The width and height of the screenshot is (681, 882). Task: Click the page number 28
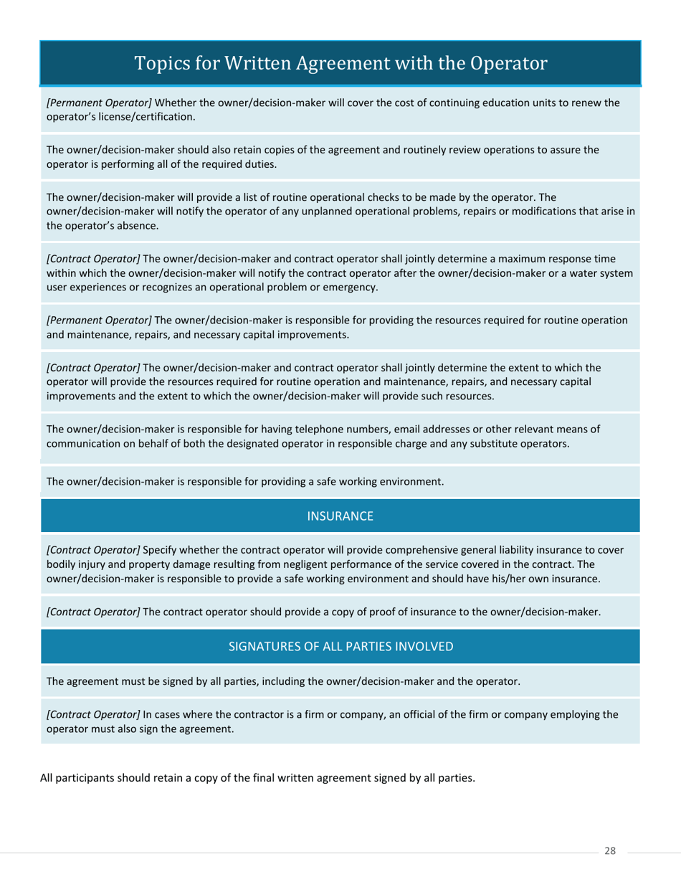(x=610, y=851)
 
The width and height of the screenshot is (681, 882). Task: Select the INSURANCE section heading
(x=340, y=516)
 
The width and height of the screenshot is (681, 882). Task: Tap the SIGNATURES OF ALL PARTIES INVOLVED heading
(x=340, y=646)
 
